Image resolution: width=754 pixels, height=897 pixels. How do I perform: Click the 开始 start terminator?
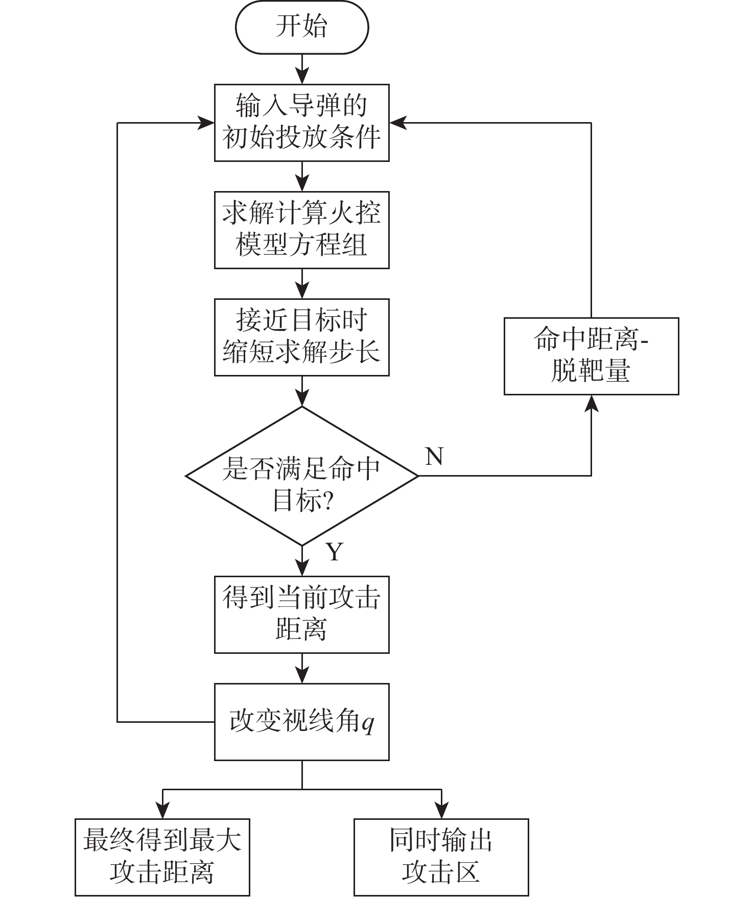pyautogui.click(x=301, y=27)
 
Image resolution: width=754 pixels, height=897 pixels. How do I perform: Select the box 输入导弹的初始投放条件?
pyautogui.click(x=301, y=123)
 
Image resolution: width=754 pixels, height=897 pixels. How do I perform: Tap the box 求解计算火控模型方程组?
pyautogui.click(x=301, y=230)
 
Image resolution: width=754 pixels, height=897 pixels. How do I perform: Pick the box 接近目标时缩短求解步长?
pyautogui.click(x=301, y=337)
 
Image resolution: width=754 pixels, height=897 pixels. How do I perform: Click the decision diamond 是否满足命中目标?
pyautogui.click(x=301, y=476)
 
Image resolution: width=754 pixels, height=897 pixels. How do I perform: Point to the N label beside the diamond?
pyautogui.click(x=434, y=456)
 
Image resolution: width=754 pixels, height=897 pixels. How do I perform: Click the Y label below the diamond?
pyautogui.click(x=335, y=552)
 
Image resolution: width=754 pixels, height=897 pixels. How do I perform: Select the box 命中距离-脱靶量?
pyautogui.click(x=591, y=356)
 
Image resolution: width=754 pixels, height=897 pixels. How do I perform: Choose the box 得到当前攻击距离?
pyautogui.click(x=301, y=615)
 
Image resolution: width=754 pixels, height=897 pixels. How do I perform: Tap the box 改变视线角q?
pyautogui.click(x=301, y=722)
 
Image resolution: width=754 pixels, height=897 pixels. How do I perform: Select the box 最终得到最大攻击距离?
pyautogui.click(x=162, y=857)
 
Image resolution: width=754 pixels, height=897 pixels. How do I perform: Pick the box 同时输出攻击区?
pyautogui.click(x=441, y=857)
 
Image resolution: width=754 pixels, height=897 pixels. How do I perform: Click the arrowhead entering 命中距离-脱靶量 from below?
pyautogui.click(x=591, y=404)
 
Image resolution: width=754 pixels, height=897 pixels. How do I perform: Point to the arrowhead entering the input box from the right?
pyautogui.click(x=397, y=123)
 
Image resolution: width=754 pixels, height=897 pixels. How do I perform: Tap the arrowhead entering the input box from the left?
pyautogui.click(x=206, y=123)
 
